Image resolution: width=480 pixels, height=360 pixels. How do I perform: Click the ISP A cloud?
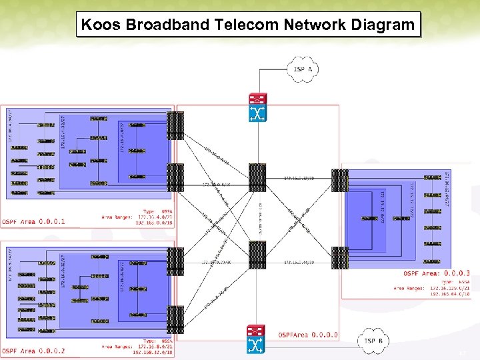point(303,69)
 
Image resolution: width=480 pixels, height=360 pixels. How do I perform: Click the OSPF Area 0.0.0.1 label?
point(33,221)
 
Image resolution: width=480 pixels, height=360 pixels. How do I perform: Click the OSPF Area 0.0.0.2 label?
point(33,351)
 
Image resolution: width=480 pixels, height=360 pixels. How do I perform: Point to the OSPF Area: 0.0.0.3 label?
point(436,273)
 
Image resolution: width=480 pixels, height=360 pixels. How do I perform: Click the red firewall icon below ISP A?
point(257,98)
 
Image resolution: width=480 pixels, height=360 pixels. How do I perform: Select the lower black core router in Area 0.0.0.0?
point(257,255)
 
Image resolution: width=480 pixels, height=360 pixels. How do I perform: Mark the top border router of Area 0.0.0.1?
point(175,125)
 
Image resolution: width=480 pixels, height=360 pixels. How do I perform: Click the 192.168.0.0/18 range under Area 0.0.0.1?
point(153,223)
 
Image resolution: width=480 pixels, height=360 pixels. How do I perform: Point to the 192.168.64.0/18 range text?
point(449,293)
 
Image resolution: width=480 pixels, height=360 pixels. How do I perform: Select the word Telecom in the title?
point(249,25)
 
